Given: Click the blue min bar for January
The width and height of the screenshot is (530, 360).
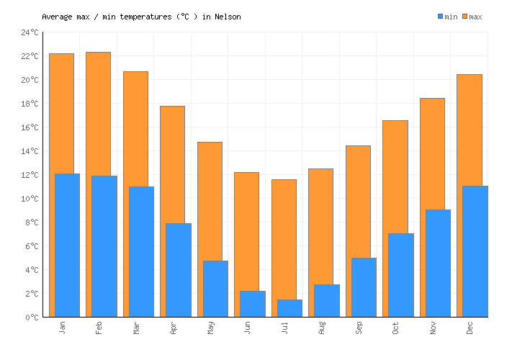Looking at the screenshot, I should click(x=67, y=245).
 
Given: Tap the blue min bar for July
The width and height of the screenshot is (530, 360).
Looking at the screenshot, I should click(x=289, y=308).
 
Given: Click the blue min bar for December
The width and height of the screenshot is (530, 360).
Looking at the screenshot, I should click(x=475, y=251).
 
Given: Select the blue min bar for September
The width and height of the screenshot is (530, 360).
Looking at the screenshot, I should click(x=364, y=287).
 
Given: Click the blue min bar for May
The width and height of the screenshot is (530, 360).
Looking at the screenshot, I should click(x=215, y=289).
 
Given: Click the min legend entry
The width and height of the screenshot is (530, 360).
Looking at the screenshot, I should click(x=448, y=17).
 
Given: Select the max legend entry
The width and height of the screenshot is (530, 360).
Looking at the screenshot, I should click(x=472, y=17).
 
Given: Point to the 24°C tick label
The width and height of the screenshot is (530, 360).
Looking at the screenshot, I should click(x=30, y=32).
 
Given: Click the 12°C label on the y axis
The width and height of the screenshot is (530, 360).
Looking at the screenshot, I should click(x=30, y=175).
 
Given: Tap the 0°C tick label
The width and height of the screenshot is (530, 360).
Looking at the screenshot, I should click(x=32, y=318).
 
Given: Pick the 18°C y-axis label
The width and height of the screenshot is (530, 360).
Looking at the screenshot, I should click(x=30, y=104).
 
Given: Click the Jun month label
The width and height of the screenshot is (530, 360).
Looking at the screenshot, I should click(x=248, y=328).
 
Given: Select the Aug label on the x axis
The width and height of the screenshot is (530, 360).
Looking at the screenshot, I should click(x=322, y=328).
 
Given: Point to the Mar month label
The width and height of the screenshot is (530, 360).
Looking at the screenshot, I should click(x=136, y=328).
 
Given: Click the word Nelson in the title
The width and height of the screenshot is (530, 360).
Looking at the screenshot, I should click(x=227, y=17).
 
